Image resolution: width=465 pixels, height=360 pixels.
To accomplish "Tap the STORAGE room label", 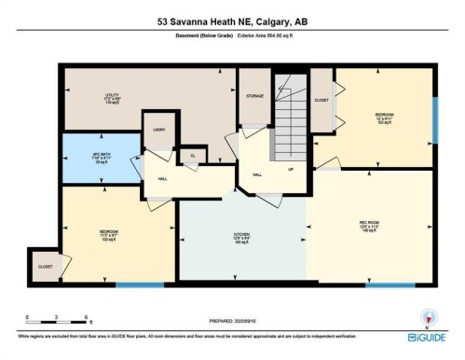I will pyautogui.click(x=254, y=95).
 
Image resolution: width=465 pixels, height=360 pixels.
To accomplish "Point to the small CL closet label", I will pyautogui.click(x=193, y=155).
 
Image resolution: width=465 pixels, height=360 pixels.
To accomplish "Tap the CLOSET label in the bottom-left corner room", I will pyautogui.click(x=45, y=266).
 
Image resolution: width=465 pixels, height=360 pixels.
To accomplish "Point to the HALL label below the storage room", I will pyautogui.click(x=257, y=173).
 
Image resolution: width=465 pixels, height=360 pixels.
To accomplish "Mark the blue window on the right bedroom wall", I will pyautogui.click(x=434, y=119).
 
